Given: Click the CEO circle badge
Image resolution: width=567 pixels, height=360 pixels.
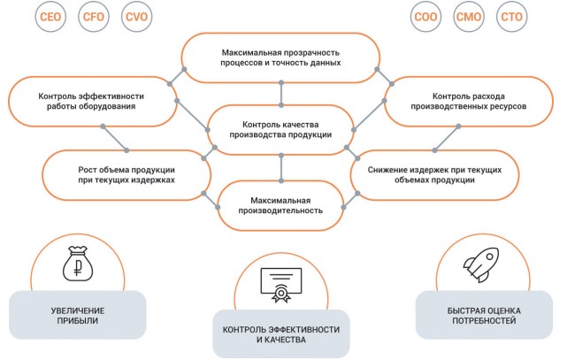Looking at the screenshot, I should coord(50,18).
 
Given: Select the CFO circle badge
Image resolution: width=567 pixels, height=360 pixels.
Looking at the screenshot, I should coord(93,18).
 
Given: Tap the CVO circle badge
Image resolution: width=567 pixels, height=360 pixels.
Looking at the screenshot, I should coord(136,18).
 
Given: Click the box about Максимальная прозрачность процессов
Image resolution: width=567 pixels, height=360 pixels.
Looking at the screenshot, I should coord(280,58).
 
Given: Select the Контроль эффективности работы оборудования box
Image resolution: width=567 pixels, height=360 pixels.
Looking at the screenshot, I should coord(92,101).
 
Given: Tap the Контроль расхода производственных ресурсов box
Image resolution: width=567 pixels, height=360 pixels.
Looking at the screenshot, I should coord(468,100).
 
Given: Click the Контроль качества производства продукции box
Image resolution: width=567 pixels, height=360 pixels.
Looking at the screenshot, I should coord(280,129).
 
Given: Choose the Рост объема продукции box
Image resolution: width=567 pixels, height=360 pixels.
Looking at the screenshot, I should coord(126,173).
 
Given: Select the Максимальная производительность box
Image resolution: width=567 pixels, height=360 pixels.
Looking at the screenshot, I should coord(280,205).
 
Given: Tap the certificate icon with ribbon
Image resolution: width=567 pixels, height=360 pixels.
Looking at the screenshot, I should coord(280,285).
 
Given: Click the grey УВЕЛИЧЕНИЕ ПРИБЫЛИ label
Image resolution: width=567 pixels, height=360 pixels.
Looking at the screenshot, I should coord(78,316).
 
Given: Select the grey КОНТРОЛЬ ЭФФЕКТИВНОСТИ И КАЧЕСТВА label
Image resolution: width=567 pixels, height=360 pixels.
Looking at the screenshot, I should coord(280,334).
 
